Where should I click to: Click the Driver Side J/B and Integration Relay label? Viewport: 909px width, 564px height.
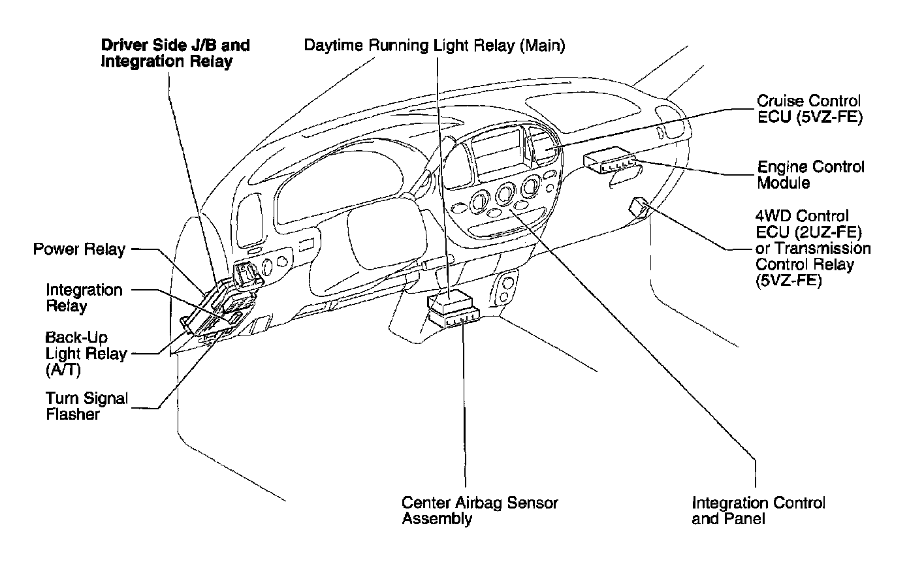(x=175, y=54)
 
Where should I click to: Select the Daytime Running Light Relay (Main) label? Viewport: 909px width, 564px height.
(x=435, y=46)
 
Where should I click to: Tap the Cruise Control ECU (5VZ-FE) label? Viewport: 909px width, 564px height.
(x=808, y=110)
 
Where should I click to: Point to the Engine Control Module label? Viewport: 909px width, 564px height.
(x=810, y=175)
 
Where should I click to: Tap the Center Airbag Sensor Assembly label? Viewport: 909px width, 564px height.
(x=480, y=511)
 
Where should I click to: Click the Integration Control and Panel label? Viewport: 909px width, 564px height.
(x=758, y=511)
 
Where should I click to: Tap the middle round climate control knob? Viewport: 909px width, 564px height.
(x=505, y=193)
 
